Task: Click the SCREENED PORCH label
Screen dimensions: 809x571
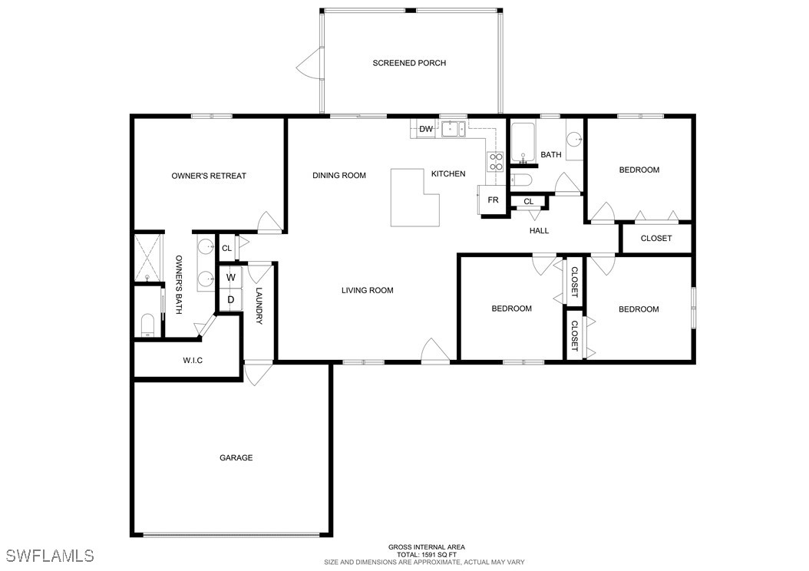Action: [x=409, y=63]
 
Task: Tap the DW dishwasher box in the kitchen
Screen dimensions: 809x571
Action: [x=426, y=129]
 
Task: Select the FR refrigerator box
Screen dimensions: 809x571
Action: [x=492, y=200]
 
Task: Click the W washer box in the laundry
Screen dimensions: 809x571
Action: [x=230, y=278]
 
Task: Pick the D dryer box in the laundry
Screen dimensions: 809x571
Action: [x=230, y=299]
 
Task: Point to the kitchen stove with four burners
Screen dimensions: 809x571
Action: [x=495, y=161]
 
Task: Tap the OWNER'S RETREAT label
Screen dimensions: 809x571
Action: [x=209, y=176]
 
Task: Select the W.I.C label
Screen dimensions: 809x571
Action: [x=193, y=361]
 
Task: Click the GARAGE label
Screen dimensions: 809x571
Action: [x=236, y=457]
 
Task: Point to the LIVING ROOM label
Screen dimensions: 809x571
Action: [x=368, y=290]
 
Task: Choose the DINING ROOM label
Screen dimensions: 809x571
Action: [x=339, y=176]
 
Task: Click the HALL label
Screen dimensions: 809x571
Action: [x=539, y=230]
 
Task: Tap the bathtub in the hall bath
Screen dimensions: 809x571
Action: [x=523, y=142]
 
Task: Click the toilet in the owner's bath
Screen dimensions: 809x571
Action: [x=147, y=325]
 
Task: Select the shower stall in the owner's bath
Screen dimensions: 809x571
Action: [x=149, y=258]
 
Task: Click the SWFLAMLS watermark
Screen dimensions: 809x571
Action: [x=50, y=556]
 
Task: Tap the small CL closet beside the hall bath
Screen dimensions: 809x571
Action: [x=528, y=202]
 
